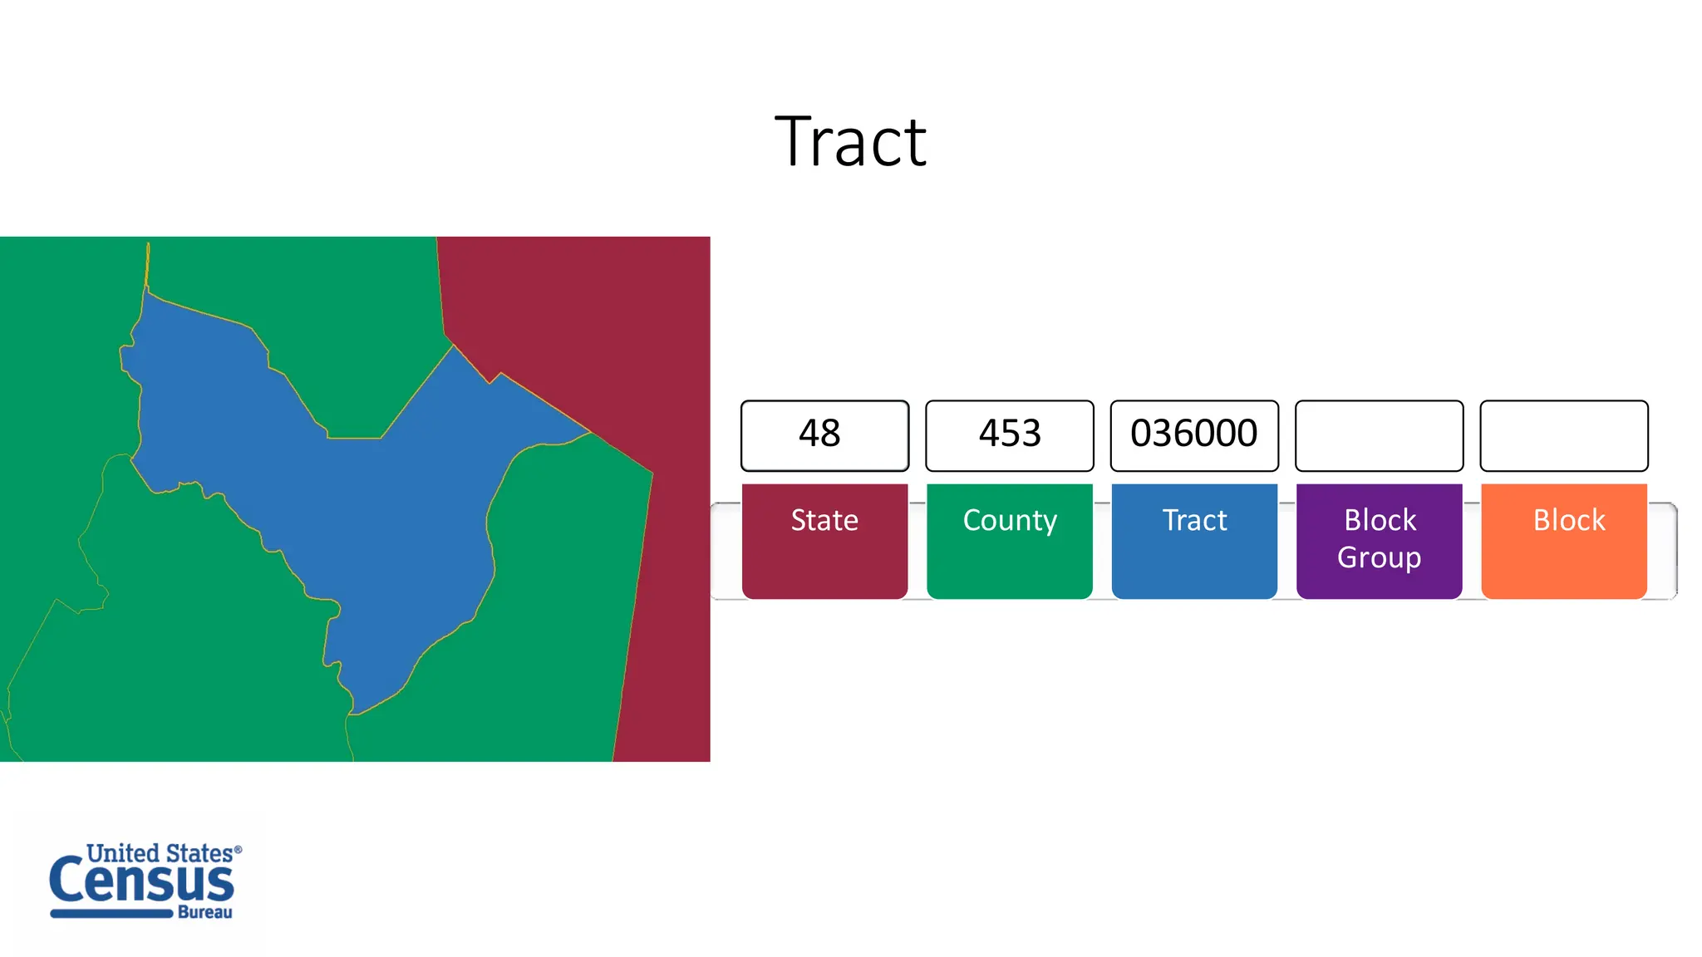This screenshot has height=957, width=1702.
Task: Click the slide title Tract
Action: pyautogui.click(x=850, y=143)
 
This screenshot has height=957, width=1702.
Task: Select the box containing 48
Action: pyautogui.click(x=824, y=435)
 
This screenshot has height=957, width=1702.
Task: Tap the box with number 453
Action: pyautogui.click(x=1009, y=435)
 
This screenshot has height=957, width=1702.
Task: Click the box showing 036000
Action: pyautogui.click(x=1194, y=435)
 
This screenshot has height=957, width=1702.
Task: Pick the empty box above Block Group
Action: pyautogui.click(x=1379, y=435)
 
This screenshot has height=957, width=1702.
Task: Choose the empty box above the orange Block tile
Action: pyautogui.click(x=1563, y=435)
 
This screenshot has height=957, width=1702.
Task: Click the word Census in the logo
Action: pyautogui.click(x=141, y=882)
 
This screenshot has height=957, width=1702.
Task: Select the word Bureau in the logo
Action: pyautogui.click(x=205, y=912)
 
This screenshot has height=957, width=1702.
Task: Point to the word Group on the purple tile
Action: pyautogui.click(x=1379, y=557)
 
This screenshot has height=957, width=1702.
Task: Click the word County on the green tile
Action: pyautogui.click(x=1010, y=521)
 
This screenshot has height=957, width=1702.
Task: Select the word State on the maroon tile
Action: pyautogui.click(x=824, y=521)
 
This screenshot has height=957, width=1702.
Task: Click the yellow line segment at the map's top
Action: pyautogui.click(x=148, y=264)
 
